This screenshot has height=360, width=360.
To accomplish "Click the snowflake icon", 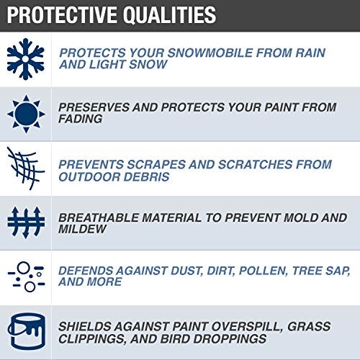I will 26,59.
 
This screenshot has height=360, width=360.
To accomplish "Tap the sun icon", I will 26,113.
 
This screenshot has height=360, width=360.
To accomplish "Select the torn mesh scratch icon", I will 26,167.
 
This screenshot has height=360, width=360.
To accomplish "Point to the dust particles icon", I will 26,275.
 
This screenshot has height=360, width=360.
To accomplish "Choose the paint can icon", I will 26,330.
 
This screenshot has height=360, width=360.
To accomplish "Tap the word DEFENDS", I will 85,269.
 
